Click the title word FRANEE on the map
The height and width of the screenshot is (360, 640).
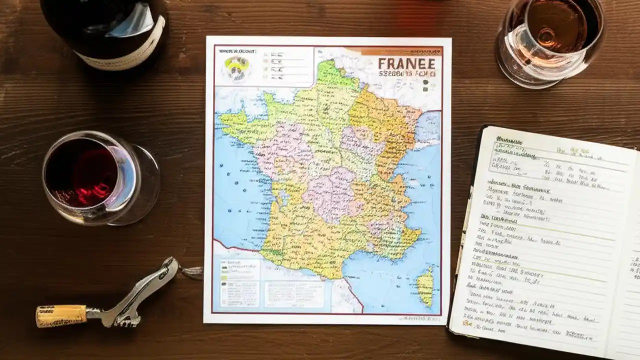pos(406,64)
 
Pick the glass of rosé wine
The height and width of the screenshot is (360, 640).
pos(550,37)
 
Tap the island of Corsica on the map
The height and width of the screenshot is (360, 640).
pos(425,285)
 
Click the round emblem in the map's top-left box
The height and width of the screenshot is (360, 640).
pos(236,67)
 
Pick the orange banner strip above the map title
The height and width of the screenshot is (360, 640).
pos(400,51)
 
